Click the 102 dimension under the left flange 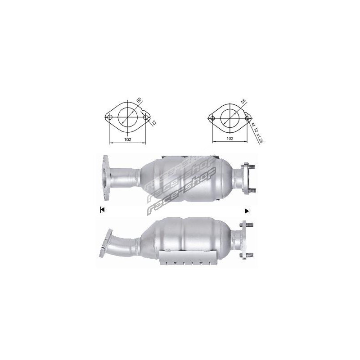(x=128, y=139)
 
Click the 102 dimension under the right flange (x=230, y=139)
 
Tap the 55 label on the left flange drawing (x=139, y=100)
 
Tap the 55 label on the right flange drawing (x=243, y=101)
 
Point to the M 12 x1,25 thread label (x=257, y=133)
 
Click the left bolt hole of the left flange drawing (x=109, y=117)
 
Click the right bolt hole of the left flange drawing (x=145, y=117)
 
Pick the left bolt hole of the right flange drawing (x=212, y=118)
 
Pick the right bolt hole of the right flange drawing (x=247, y=118)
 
